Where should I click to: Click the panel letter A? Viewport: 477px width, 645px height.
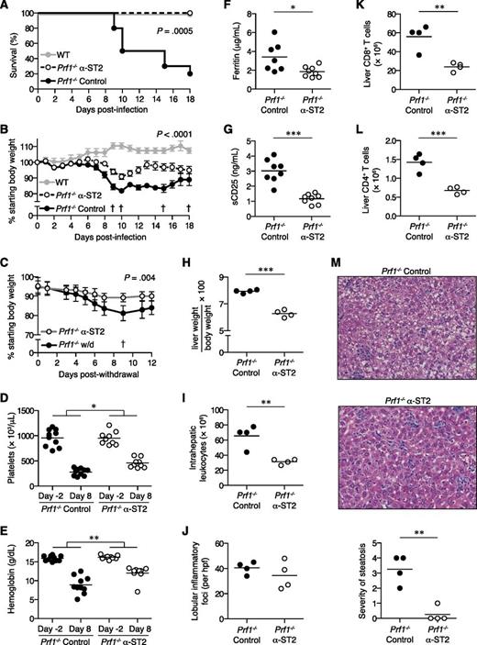[6, 7]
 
